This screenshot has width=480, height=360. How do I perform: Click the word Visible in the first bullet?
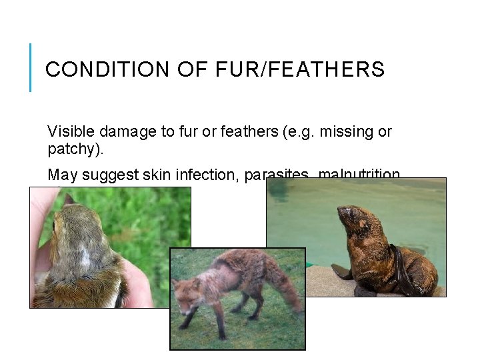[x=67, y=131]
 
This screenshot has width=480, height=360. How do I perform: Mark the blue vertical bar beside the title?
[x=31, y=67]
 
